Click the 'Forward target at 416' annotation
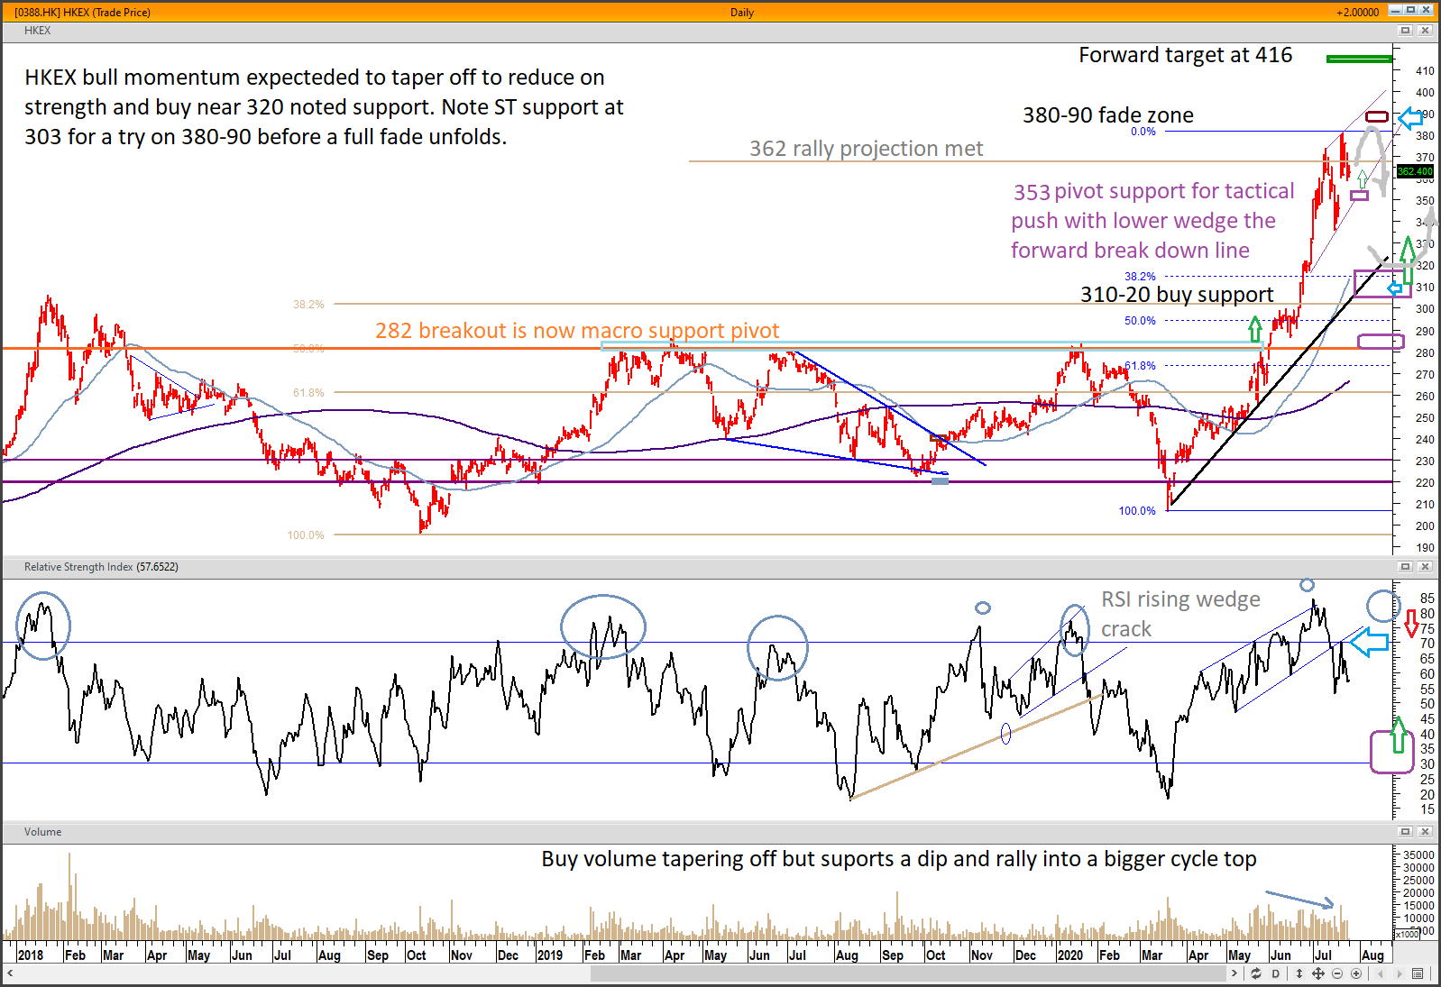tap(1185, 56)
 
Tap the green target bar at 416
tap(1359, 59)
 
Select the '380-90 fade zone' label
tap(1107, 115)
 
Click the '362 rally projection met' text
tap(866, 149)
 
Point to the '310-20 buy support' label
tap(1177, 295)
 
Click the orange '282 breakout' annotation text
tap(577, 331)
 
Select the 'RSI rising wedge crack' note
tap(1179, 614)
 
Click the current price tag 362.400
tap(1415, 171)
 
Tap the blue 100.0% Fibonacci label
tap(1137, 511)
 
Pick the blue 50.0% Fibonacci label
tap(1140, 321)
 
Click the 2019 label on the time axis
tap(549, 955)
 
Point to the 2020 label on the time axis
tap(1069, 955)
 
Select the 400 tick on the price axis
tap(1425, 93)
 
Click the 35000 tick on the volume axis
tap(1418, 855)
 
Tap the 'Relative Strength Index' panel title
tap(100, 567)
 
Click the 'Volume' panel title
tap(42, 832)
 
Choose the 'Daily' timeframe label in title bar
tap(742, 13)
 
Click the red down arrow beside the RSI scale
tap(1411, 623)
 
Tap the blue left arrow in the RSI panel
tap(1369, 642)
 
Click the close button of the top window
tap(1427, 10)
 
